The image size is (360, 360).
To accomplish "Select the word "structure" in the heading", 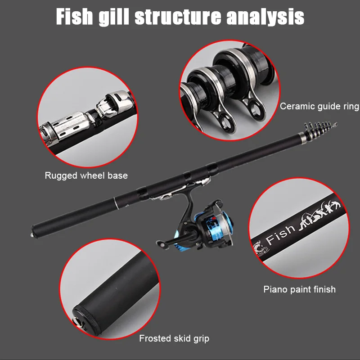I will pos(178,17).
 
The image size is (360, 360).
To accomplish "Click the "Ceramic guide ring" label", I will pos(319,107).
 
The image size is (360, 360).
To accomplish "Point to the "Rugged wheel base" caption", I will pos(86,175).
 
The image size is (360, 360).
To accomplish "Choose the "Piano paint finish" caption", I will pos(299,289).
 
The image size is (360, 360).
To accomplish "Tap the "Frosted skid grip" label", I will pos(174,338).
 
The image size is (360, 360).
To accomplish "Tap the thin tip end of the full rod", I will pos(335,123).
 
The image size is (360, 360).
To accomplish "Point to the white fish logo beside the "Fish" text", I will pos(260,247).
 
